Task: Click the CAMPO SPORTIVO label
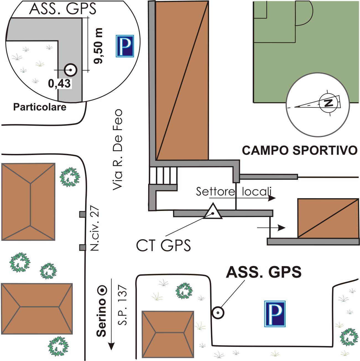299,150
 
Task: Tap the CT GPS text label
163,245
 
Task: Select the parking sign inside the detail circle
125,46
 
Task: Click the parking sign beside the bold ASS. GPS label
275,314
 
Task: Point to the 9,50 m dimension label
98,46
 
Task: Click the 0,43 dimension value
59,83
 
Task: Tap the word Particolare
40,107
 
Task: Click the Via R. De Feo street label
118,149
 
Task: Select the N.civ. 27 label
95,228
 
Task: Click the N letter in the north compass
328,103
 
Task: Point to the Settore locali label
234,192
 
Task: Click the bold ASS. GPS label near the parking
264,272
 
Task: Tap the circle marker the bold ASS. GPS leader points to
218,313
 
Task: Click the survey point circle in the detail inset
71,70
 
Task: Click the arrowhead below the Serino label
111,346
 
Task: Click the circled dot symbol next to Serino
103,290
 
